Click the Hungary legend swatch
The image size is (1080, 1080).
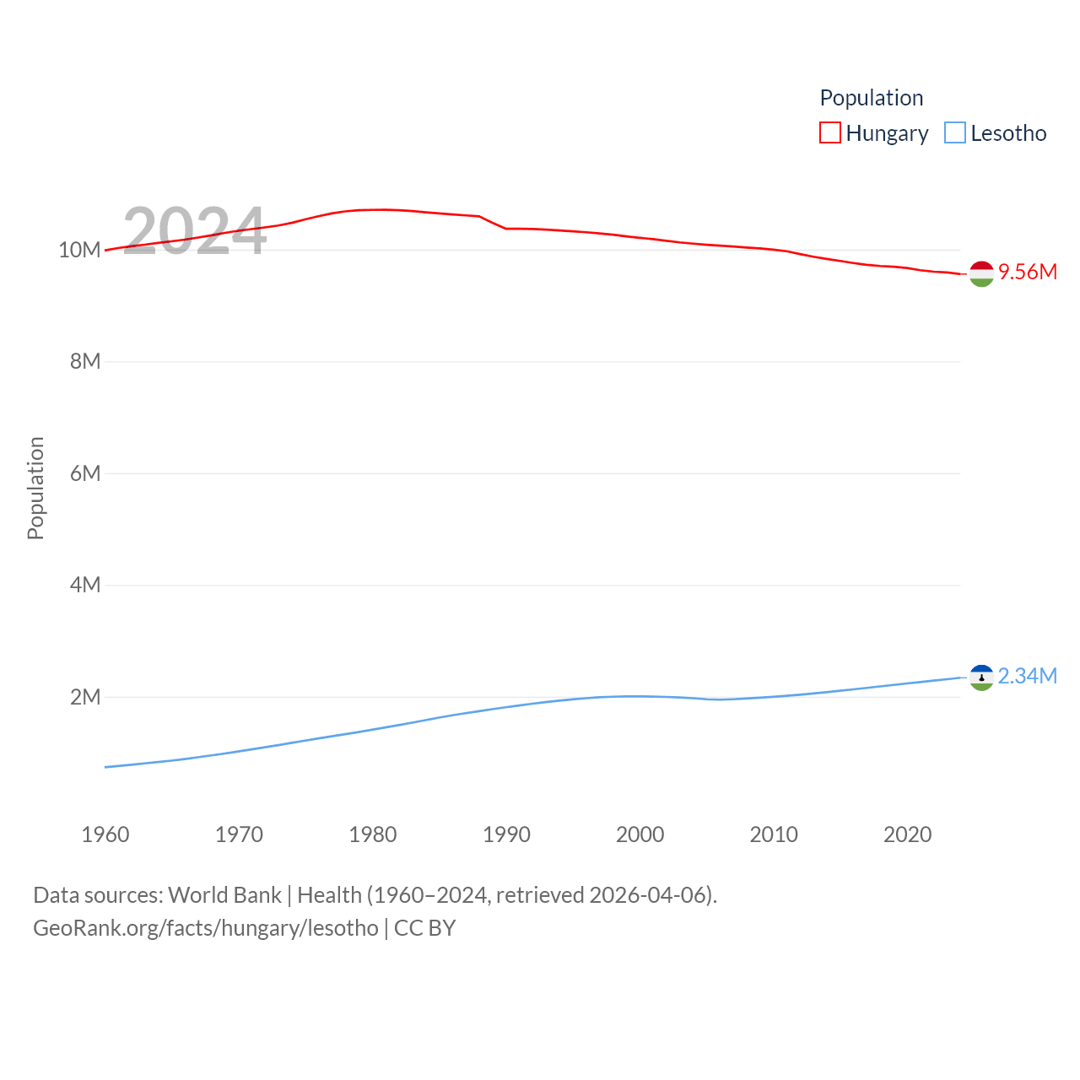coord(830,133)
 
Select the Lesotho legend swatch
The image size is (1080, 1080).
coord(955,133)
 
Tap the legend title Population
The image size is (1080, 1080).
coord(872,98)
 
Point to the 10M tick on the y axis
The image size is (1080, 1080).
coord(79,250)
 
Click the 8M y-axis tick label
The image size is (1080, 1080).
coord(85,361)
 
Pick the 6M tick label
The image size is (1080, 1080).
coord(85,473)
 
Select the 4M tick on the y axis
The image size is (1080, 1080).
coord(85,585)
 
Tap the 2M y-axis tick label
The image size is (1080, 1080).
coord(85,697)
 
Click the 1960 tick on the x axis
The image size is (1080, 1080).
coord(105,834)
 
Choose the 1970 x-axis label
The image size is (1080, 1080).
coord(239,834)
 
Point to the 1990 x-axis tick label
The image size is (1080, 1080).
coord(506,834)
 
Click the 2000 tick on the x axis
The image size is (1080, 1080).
coord(640,834)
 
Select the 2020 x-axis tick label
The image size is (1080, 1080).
coord(908,834)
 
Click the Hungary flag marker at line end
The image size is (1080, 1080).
coord(981,273)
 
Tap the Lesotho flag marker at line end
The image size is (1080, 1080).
coord(981,678)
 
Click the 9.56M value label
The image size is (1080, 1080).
coord(1028,272)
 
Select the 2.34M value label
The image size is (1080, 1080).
coord(1028,676)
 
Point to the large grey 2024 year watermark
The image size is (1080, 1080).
coord(195,231)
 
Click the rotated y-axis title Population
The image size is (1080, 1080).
coord(35,488)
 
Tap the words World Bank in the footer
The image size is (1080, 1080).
coord(224,894)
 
